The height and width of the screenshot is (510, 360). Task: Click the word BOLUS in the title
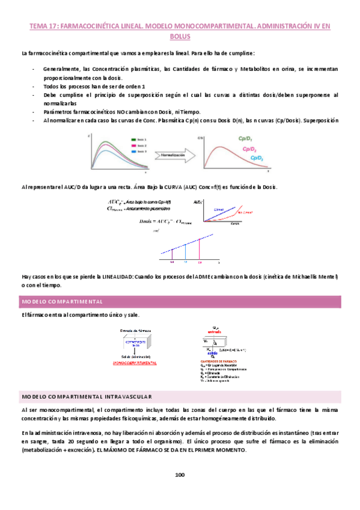(x=180, y=37)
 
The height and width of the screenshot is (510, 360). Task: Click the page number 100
(x=180, y=475)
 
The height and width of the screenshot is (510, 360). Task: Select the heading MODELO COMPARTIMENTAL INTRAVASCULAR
(x=87, y=379)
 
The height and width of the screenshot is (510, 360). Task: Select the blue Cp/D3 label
(x=257, y=158)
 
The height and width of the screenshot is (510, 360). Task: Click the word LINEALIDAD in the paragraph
(x=114, y=277)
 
